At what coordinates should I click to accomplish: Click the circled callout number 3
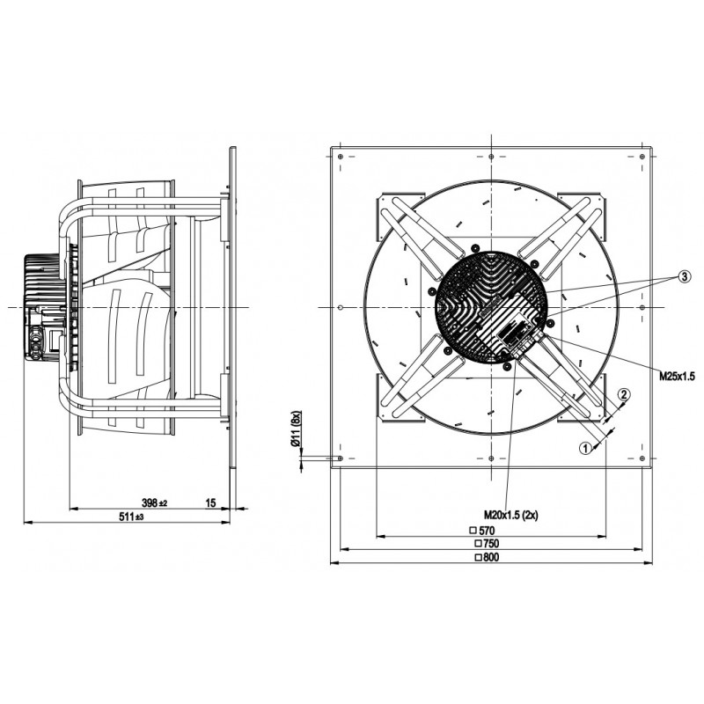click(x=684, y=277)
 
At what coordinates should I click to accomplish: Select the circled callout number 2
click(x=624, y=394)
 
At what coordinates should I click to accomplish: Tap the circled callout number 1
click(x=585, y=448)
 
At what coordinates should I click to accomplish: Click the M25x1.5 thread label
click(x=677, y=377)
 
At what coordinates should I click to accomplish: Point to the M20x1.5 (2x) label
click(x=510, y=515)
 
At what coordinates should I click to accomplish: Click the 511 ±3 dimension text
click(x=131, y=517)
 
